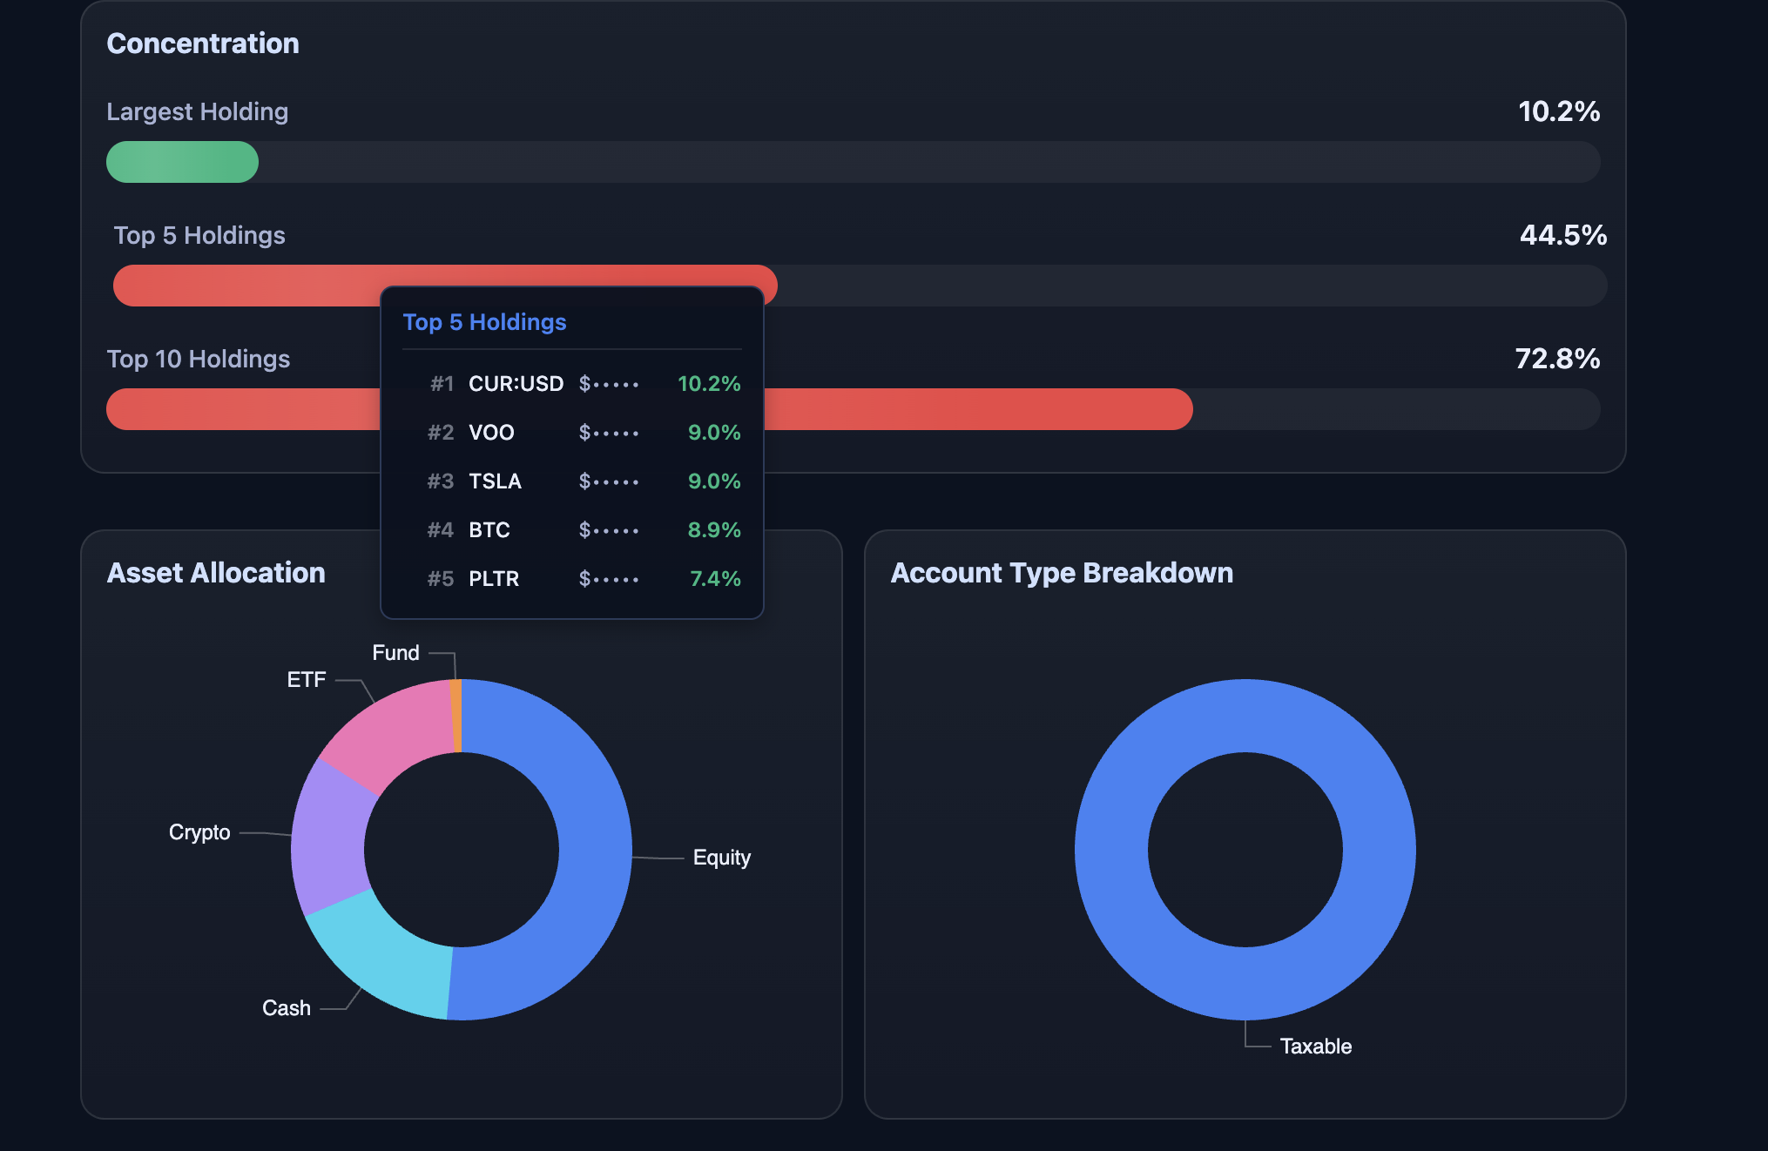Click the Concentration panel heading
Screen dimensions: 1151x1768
coord(202,44)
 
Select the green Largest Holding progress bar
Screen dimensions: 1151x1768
coord(182,162)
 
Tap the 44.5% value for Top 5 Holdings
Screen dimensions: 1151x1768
coord(1562,235)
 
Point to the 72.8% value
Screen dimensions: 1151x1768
coord(1556,359)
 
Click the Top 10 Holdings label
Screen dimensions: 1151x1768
coord(198,359)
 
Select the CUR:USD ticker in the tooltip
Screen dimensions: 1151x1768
coord(516,384)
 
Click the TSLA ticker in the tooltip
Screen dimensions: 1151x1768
coord(495,481)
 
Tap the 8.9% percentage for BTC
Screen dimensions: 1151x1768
coord(713,530)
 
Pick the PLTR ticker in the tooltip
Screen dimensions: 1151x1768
coord(493,579)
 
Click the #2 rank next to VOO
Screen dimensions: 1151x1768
coord(441,433)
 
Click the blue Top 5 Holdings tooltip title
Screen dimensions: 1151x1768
coord(484,322)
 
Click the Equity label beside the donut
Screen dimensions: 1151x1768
coord(721,858)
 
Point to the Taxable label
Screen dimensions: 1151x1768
coord(1315,1047)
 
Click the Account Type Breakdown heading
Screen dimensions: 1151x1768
coord(1061,573)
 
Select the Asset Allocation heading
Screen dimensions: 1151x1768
coord(216,573)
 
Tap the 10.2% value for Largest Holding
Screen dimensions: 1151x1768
coord(1558,111)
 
